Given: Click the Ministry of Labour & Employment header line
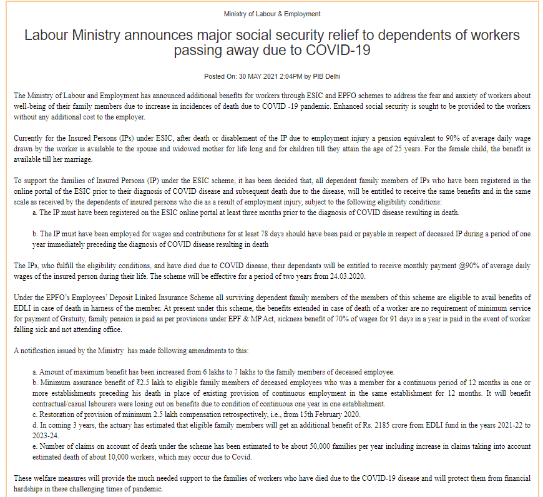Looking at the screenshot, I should pos(272,14).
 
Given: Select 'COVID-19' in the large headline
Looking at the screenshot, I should pos(341,50).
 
